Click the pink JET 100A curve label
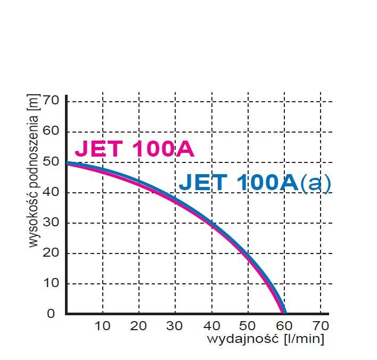point(134,150)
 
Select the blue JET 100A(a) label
point(255,182)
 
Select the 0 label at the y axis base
point(51,314)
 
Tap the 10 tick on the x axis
point(102,325)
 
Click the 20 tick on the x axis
point(138,325)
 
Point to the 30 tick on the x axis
point(175,325)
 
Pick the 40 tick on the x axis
point(211,325)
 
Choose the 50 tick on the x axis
point(248,325)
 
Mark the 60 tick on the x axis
point(284,325)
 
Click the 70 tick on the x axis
point(320,325)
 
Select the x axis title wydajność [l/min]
point(265,339)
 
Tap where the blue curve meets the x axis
point(285,313)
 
